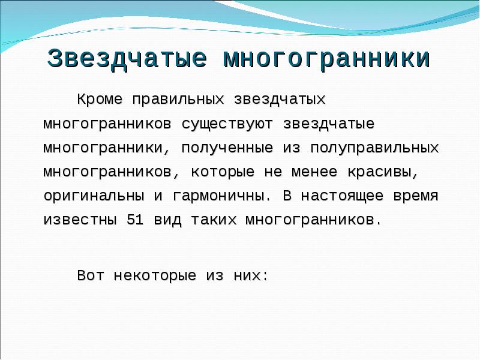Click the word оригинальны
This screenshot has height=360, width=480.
94,196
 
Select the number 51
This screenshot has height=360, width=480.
134,220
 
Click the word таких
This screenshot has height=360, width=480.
215,220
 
